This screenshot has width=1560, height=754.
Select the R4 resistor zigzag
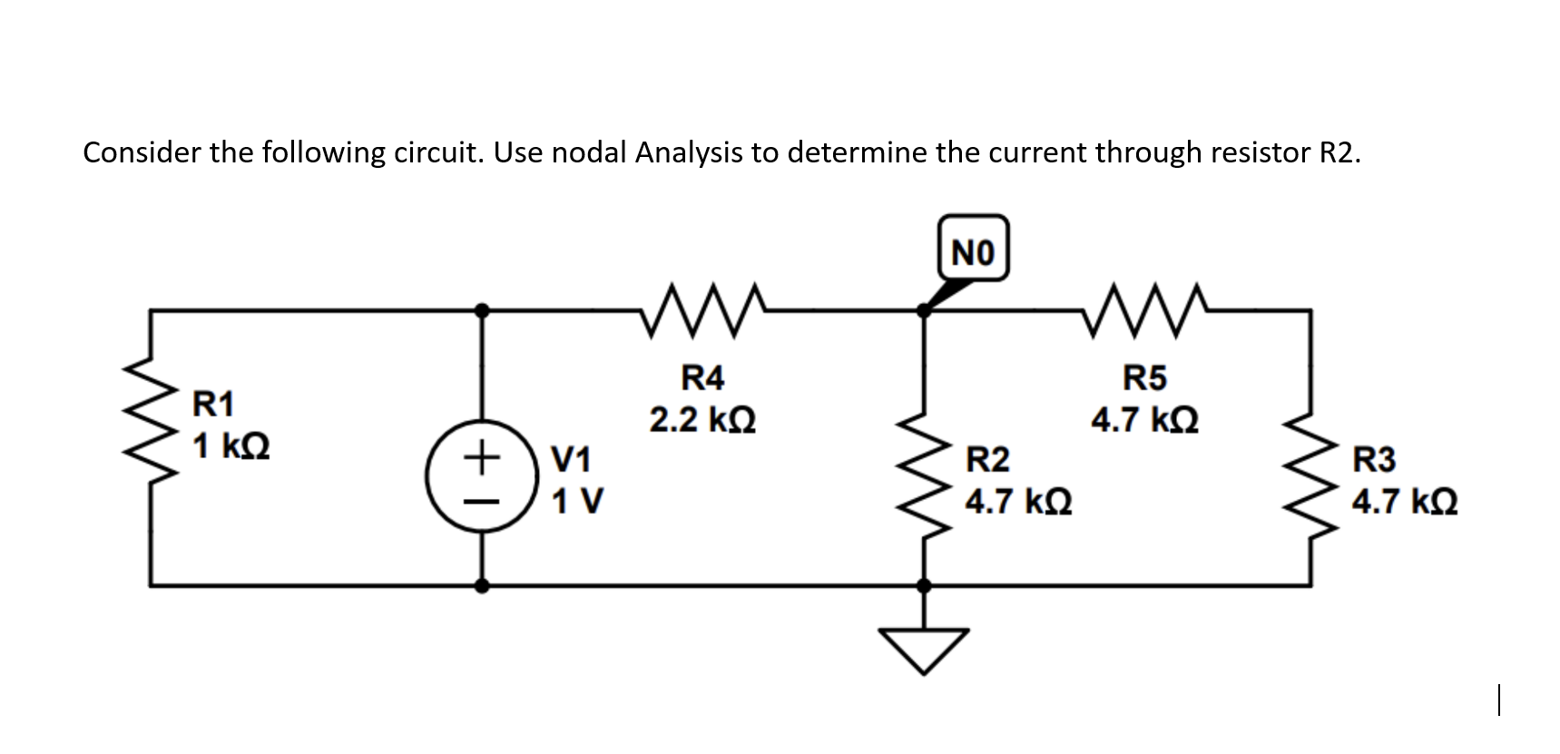click(x=704, y=311)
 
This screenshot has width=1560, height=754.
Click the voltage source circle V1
click(x=482, y=478)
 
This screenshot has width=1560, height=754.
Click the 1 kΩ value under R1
click(x=231, y=446)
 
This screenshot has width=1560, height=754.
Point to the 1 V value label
click(x=577, y=500)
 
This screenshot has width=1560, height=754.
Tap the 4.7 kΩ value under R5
click(x=1144, y=420)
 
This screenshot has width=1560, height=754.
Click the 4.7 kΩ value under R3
click(x=1405, y=501)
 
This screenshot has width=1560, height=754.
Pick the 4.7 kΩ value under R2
click(x=1018, y=501)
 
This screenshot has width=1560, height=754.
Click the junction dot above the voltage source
click(x=482, y=310)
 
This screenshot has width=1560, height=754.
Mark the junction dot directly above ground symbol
click(x=924, y=586)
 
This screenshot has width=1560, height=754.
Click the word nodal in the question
click(x=589, y=152)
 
